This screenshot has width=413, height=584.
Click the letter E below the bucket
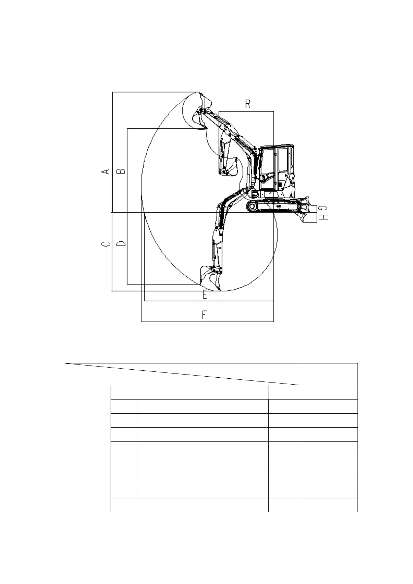tap(205, 295)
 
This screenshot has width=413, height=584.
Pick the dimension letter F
tap(204, 315)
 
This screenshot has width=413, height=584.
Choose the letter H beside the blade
tap(323, 217)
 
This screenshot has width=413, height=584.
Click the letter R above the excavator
tap(248, 104)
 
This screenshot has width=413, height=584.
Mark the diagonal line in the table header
tap(182, 374)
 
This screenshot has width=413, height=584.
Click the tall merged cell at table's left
tap(87, 448)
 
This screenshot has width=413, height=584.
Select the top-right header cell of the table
tap(328, 374)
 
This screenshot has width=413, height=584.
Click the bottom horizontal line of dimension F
tap(207, 321)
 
